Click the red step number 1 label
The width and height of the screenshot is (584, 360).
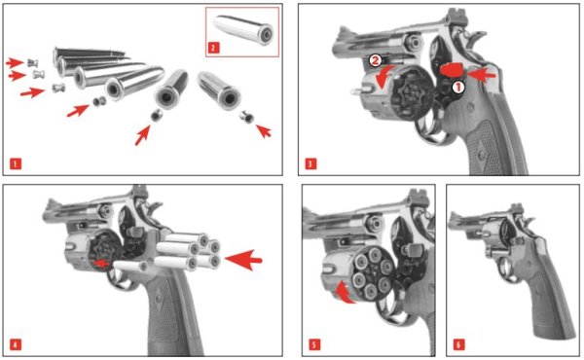(16, 163)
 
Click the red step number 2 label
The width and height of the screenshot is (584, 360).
(213, 48)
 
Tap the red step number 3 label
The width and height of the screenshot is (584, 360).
(310, 163)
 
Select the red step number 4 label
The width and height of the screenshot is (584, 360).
(16, 344)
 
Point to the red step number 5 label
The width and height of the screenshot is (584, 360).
(314, 344)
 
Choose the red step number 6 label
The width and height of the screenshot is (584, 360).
(458, 344)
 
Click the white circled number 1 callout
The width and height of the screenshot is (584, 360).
(458, 88)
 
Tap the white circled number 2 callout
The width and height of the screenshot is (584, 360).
(376, 60)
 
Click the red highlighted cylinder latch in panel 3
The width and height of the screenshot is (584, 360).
(452, 70)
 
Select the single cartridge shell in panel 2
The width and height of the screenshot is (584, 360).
(243, 29)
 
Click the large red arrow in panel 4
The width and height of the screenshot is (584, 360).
(243, 260)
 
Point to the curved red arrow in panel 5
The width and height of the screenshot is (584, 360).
(345, 293)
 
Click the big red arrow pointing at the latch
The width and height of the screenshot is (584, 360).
(481, 75)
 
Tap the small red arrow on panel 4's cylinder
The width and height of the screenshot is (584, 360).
(101, 264)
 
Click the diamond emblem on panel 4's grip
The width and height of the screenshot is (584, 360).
(160, 298)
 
